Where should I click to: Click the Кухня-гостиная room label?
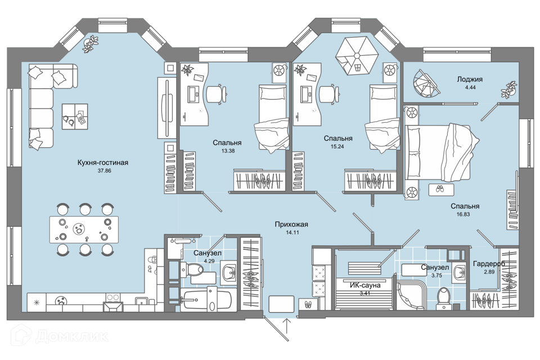[x=102, y=163]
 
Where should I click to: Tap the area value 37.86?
[x=105, y=170]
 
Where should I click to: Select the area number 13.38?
[x=228, y=151]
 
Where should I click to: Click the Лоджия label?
[x=470, y=79]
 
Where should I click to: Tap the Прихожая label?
[x=291, y=224]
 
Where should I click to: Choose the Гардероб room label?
[x=489, y=264]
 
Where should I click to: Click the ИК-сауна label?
[x=365, y=285]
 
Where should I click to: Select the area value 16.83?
[x=463, y=214]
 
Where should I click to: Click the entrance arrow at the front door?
[x=287, y=326]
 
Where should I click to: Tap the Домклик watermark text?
[x=71, y=336]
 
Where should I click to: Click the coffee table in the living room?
[x=75, y=116]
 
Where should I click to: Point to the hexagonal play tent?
[x=357, y=56]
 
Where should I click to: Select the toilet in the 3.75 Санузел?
[x=444, y=298]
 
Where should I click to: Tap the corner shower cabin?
[x=412, y=295]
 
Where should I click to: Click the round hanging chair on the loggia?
[x=426, y=83]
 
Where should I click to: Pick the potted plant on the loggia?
[x=508, y=89]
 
